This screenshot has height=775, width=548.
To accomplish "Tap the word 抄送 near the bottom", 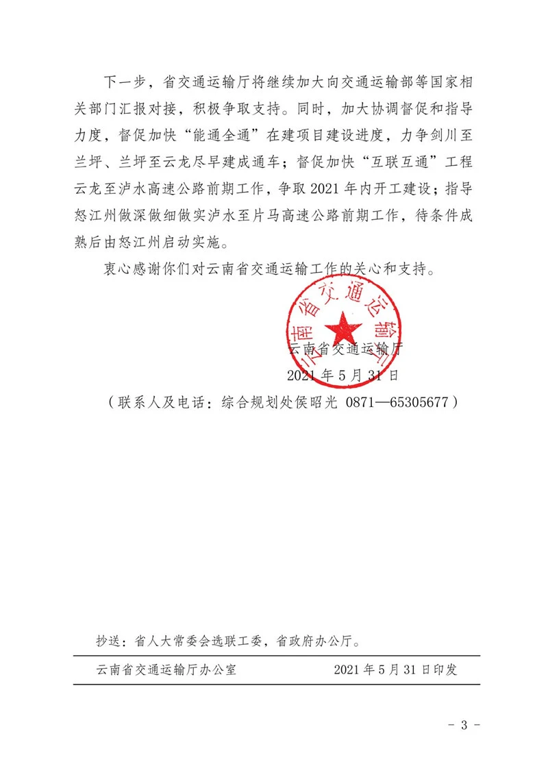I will (x=110, y=642).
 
